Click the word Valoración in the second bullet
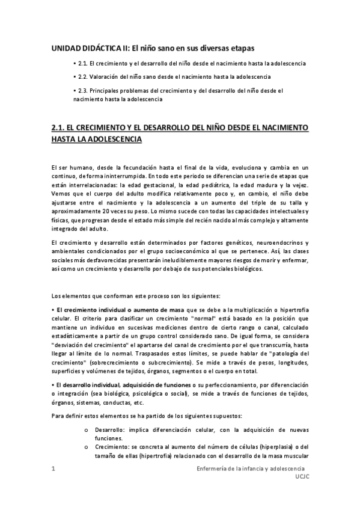(106, 77)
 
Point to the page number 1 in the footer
(53, 468)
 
